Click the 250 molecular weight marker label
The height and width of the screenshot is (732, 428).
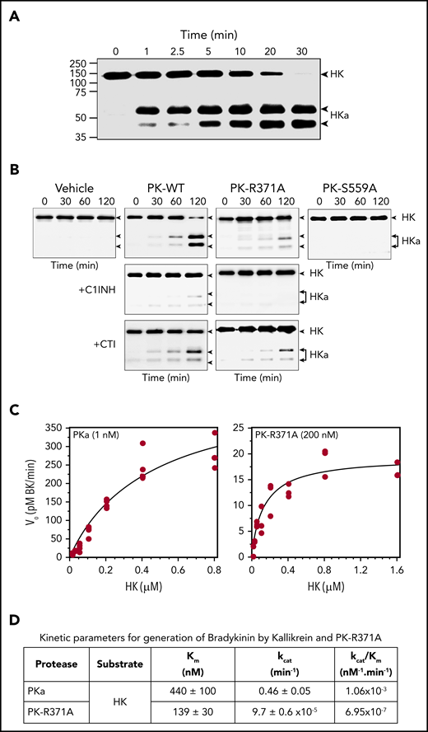coord(78,63)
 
